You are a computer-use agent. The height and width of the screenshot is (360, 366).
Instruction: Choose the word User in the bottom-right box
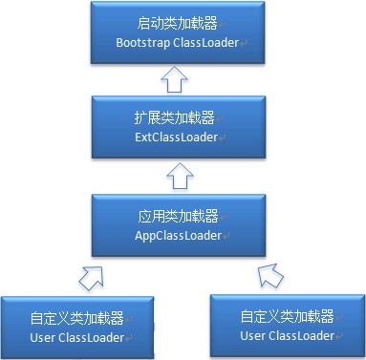[253, 335]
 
